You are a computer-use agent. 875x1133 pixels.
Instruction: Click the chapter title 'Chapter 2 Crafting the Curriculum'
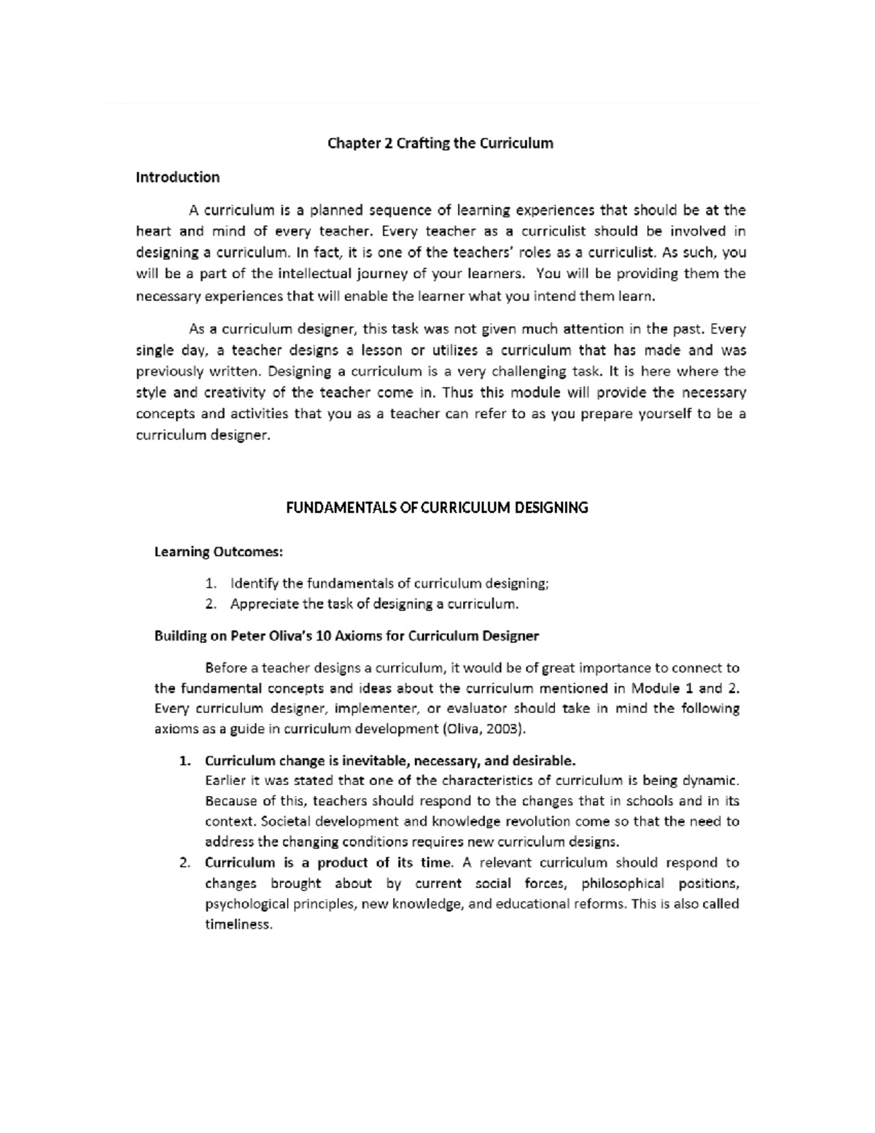point(440,143)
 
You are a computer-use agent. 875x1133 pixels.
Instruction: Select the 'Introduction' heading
point(177,177)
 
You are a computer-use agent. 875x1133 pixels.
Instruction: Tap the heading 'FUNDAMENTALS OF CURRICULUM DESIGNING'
point(436,508)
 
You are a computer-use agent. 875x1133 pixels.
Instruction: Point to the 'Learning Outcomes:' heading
point(218,552)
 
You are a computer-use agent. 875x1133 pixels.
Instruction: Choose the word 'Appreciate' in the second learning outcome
point(264,604)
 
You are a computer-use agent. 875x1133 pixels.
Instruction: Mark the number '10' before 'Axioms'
point(324,635)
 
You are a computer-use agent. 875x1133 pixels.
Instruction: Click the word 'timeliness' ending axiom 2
point(238,924)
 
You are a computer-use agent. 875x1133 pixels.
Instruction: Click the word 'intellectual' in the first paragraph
point(314,274)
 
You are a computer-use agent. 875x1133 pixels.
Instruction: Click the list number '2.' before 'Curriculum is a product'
point(185,863)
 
